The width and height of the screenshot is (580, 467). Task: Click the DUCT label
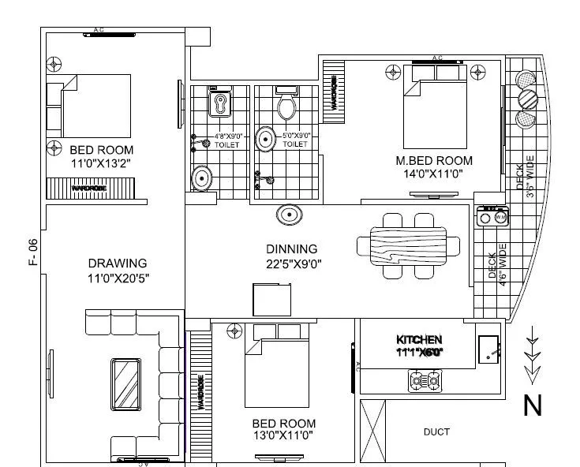(x=436, y=432)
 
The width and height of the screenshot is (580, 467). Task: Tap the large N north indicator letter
(x=533, y=405)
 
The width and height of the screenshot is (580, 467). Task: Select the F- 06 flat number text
(x=33, y=252)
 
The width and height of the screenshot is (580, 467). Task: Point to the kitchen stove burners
(x=425, y=382)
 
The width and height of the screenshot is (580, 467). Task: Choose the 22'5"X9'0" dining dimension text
(x=291, y=263)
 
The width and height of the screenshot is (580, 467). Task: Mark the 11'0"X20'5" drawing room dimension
(x=118, y=278)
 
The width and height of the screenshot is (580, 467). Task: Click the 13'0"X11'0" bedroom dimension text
(x=283, y=435)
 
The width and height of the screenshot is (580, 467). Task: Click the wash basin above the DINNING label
(x=288, y=215)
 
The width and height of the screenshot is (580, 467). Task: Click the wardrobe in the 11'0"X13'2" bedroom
(x=92, y=189)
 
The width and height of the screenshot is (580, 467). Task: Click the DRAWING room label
(x=118, y=263)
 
